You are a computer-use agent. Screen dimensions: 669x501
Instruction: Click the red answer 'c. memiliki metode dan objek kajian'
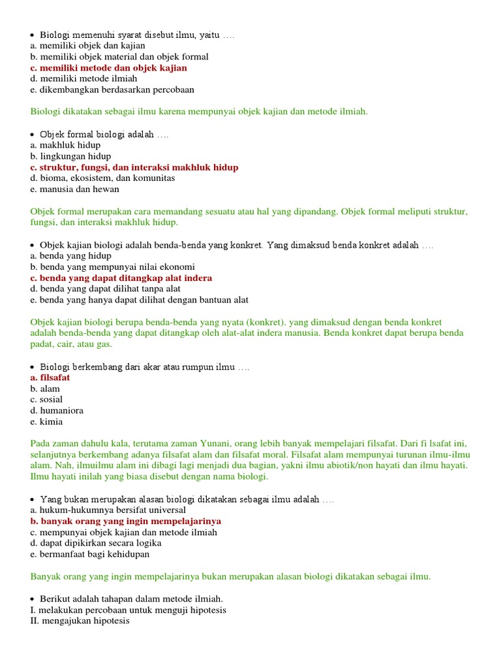(108, 68)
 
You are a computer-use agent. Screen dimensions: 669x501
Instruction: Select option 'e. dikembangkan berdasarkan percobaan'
(112, 90)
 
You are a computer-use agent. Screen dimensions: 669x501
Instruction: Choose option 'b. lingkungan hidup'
(70, 157)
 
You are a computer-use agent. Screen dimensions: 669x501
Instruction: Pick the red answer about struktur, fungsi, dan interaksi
(134, 167)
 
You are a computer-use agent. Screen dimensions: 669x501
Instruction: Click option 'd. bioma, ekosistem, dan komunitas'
(102, 178)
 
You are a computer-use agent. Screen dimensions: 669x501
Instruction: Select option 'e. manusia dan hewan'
(74, 189)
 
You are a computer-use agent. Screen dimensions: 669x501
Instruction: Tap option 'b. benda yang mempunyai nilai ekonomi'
(112, 267)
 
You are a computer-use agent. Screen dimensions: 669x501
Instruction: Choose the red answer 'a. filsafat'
(50, 378)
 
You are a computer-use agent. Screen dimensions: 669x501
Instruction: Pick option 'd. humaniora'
(56, 411)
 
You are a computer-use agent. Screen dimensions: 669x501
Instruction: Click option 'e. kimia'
(46, 422)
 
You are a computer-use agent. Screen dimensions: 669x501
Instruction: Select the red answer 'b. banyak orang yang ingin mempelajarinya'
(125, 521)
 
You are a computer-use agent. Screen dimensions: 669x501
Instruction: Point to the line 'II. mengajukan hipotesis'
(80, 621)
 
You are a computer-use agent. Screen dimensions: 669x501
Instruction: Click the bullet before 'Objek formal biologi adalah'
(33, 135)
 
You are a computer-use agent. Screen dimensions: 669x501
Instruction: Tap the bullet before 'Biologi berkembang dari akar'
(33, 367)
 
